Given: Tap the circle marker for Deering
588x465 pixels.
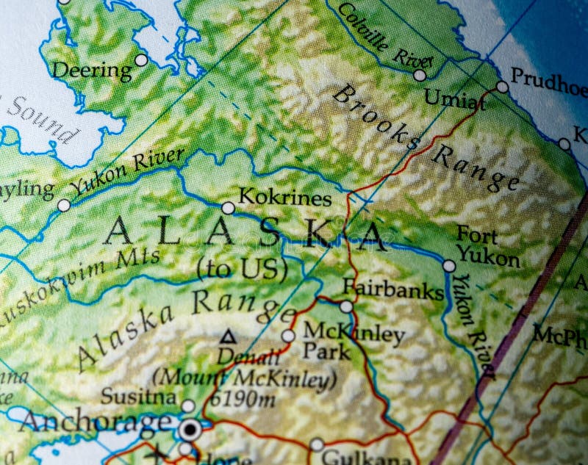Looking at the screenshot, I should (141, 60).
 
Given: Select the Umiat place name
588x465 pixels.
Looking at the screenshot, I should (455, 98).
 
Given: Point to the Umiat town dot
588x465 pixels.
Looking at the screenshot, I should (420, 75).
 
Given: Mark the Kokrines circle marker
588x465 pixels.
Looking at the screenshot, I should (228, 208).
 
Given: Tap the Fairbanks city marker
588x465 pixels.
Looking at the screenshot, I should (346, 306).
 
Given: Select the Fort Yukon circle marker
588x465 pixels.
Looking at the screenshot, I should (449, 265).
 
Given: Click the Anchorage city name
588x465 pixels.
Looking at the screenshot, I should (95, 422).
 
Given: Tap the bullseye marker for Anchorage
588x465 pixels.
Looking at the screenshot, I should (191, 428).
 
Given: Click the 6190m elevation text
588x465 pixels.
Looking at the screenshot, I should (242, 399).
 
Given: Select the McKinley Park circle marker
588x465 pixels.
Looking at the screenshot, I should (288, 336).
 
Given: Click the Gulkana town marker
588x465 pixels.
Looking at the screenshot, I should (317, 444).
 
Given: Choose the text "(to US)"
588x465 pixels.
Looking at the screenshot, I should (242, 269).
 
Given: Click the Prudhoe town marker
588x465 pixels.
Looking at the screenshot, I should (502, 87).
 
